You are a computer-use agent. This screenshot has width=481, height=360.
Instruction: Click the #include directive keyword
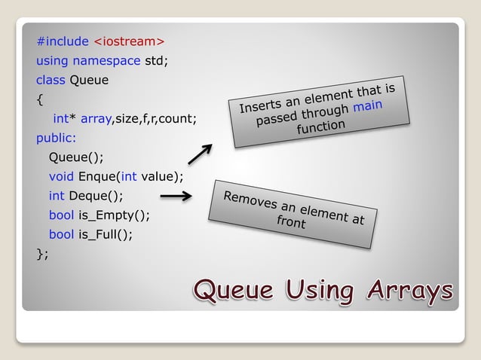[x=63, y=41]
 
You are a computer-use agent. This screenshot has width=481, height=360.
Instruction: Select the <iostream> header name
[x=129, y=41]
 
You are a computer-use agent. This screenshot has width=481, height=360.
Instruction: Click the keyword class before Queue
[x=51, y=80]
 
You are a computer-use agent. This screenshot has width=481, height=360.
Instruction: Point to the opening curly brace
[x=39, y=99]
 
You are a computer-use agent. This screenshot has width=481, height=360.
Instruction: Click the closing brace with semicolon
[x=42, y=254]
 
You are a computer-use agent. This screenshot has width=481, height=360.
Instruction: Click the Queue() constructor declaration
[x=76, y=157]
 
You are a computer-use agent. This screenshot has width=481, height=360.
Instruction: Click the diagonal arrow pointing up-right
[x=199, y=154]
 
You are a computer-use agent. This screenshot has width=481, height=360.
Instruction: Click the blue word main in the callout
[x=367, y=107]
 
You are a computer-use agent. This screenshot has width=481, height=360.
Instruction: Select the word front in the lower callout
[x=291, y=223]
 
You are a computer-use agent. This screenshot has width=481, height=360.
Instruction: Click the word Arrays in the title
[x=410, y=289]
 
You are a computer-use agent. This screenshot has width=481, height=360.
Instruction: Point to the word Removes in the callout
[x=250, y=200]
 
